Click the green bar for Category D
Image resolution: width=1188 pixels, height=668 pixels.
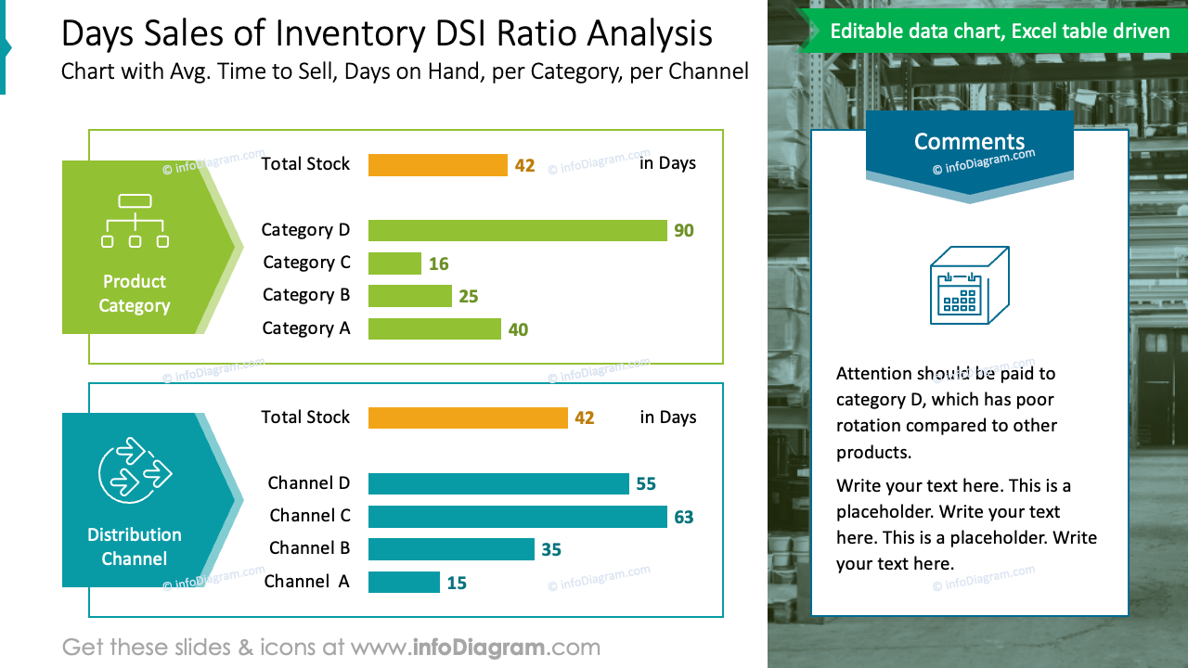(x=517, y=230)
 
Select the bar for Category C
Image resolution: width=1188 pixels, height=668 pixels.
(x=394, y=263)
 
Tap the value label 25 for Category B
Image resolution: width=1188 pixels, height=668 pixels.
(x=469, y=297)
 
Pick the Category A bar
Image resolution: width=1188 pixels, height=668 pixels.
(x=434, y=329)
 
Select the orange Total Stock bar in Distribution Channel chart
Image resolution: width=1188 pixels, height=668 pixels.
(x=468, y=417)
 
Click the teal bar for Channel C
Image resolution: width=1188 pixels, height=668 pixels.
(x=517, y=517)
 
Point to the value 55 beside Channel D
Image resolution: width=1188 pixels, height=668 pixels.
(x=646, y=484)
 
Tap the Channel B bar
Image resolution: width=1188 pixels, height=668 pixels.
(x=451, y=549)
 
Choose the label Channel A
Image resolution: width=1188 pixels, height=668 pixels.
(x=307, y=582)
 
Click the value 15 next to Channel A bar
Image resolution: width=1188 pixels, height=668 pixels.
(x=457, y=584)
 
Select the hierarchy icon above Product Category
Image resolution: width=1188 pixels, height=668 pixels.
(x=135, y=221)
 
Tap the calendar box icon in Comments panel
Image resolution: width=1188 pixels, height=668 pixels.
(x=969, y=286)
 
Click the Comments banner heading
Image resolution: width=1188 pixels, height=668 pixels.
(x=969, y=142)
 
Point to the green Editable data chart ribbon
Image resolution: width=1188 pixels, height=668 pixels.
(x=999, y=32)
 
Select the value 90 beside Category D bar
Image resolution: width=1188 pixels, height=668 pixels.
(x=684, y=231)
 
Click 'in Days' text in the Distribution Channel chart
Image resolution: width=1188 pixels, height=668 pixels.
(x=667, y=417)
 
